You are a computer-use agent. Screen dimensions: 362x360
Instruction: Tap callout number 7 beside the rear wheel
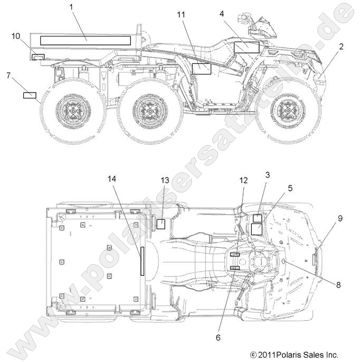[8, 76]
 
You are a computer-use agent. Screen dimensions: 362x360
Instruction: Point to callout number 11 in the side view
[181, 15]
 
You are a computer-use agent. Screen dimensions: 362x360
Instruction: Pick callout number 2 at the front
[341, 47]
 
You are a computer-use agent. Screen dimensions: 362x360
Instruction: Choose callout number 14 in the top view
[111, 179]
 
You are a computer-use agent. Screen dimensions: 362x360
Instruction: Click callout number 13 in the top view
[165, 181]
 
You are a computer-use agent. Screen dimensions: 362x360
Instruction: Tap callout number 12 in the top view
[243, 181]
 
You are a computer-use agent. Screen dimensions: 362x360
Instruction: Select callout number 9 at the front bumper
[340, 218]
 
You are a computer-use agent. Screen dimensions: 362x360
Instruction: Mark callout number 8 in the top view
[338, 285]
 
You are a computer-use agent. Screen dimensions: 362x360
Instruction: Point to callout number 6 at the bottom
[218, 320]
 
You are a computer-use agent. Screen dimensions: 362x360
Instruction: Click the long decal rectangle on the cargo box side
[86, 40]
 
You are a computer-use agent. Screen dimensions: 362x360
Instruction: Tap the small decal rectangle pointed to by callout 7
[30, 96]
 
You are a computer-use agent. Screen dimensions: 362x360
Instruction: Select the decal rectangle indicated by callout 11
[201, 68]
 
